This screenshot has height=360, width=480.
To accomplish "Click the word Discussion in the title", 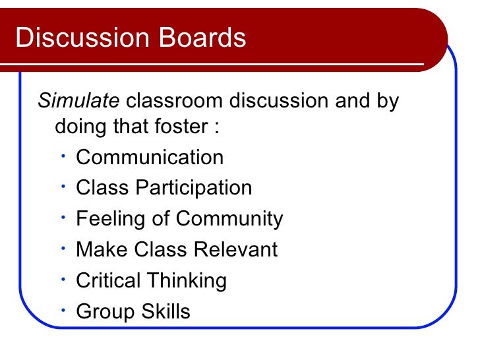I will point(73,38).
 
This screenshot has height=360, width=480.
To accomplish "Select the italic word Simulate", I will point(79,102).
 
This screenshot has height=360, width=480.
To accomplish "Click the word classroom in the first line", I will point(175,102).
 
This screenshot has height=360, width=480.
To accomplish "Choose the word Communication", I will point(150,158).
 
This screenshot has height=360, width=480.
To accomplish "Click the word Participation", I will point(194,188).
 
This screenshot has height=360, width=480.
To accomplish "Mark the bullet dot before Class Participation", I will point(61,187).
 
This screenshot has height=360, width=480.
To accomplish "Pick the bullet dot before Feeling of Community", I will point(61,218).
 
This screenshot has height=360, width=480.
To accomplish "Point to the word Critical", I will point(108,281).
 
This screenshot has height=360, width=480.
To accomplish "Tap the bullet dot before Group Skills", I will point(61,310).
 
